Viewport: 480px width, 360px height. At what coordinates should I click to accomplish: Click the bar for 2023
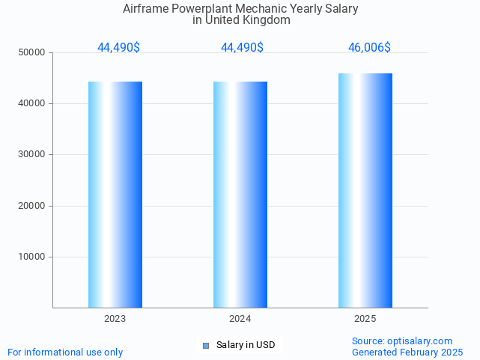pyautogui.click(x=115, y=195)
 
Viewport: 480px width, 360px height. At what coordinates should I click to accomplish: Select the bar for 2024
pyautogui.click(x=240, y=195)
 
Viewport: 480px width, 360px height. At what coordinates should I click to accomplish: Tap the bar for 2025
pyautogui.click(x=365, y=191)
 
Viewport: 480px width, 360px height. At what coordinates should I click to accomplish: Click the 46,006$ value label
pyautogui.click(x=369, y=48)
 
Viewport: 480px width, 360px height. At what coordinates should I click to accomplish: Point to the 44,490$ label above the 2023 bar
pyautogui.click(x=118, y=48)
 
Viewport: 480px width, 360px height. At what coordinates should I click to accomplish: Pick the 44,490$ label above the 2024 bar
pyautogui.click(x=242, y=48)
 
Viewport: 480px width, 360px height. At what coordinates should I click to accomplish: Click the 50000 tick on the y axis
pyautogui.click(x=33, y=52)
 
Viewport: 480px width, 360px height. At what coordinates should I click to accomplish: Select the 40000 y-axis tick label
pyautogui.click(x=33, y=103)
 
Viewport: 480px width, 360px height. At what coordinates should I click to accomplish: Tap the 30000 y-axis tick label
pyautogui.click(x=33, y=154)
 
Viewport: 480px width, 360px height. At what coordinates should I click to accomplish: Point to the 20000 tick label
pyautogui.click(x=33, y=206)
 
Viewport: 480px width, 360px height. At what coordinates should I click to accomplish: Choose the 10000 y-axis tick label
pyautogui.click(x=33, y=257)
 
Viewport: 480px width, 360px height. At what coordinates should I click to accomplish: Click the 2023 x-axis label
pyautogui.click(x=115, y=319)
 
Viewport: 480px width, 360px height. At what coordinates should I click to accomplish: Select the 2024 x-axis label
pyautogui.click(x=240, y=319)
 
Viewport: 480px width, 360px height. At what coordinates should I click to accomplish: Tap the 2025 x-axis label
pyautogui.click(x=365, y=319)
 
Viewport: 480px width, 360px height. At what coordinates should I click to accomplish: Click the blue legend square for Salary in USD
pyautogui.click(x=206, y=345)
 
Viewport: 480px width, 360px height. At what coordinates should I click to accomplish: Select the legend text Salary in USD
pyautogui.click(x=246, y=345)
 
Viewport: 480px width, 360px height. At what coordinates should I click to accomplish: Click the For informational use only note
pyautogui.click(x=65, y=352)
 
